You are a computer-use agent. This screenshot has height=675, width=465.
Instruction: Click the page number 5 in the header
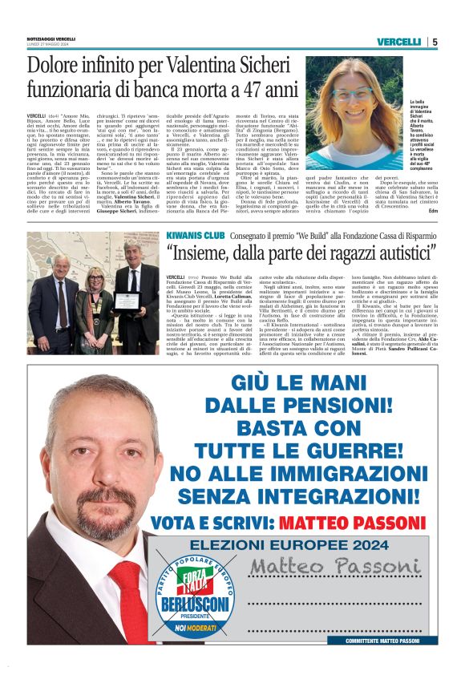435,42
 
